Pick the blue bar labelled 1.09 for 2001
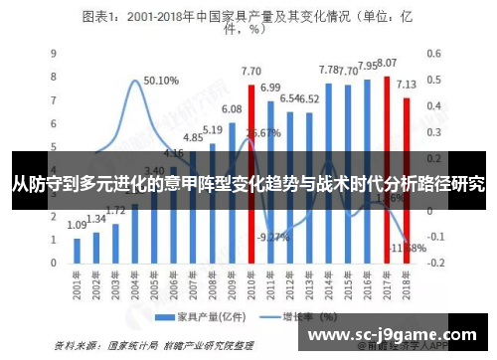pos(78,249)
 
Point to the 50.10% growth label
pos(160,81)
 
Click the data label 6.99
pos(270,88)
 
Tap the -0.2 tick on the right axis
pos(435,262)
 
